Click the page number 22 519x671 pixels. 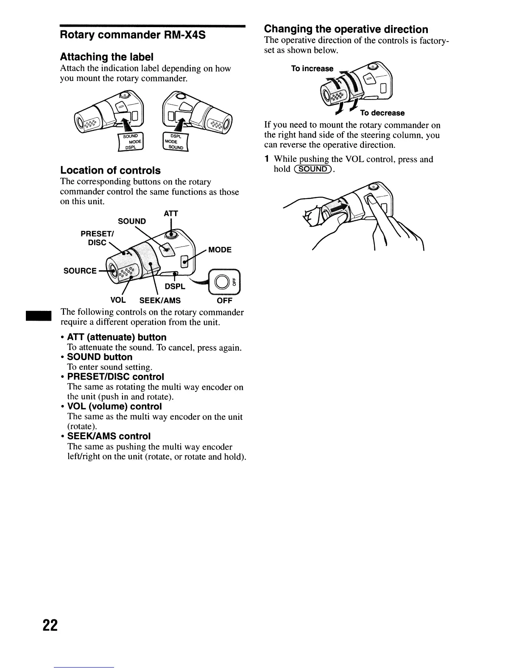(50, 625)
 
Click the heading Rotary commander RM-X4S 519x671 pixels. (133, 35)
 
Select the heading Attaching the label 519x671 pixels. (106, 57)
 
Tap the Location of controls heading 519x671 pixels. (110, 170)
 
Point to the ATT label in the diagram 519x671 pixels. (171, 213)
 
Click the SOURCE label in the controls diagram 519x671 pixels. (80, 271)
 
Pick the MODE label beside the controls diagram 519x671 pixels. (220, 250)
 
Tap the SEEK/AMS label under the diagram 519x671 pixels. (160, 300)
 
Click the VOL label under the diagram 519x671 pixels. (118, 300)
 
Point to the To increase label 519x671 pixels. (312, 69)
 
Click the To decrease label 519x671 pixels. (382, 113)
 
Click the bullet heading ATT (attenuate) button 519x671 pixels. (117, 337)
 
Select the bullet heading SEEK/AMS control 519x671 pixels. (109, 436)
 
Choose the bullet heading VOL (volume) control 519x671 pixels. (114, 407)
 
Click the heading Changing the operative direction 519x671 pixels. (346, 29)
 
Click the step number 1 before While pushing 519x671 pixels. (267, 159)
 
